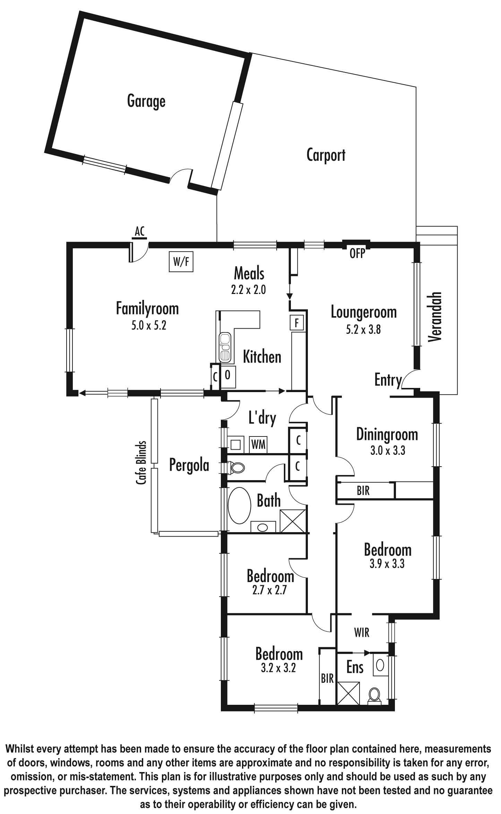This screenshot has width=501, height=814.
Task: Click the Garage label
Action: tap(146, 102)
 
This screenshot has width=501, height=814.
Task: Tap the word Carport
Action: tap(326, 155)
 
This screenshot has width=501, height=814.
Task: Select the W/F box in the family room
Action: tap(181, 262)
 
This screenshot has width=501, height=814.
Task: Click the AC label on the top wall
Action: tap(140, 231)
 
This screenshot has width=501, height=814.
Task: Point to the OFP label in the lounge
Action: tap(357, 254)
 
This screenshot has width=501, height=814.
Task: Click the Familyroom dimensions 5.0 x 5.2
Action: tap(149, 326)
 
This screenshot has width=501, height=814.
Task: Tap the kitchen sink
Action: tap(225, 347)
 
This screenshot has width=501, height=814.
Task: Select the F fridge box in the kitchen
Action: tap(296, 323)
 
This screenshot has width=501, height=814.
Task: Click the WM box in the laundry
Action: tap(258, 445)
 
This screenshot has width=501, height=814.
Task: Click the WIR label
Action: tap(362, 632)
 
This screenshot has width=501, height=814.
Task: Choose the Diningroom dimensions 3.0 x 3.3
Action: tap(388, 451)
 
